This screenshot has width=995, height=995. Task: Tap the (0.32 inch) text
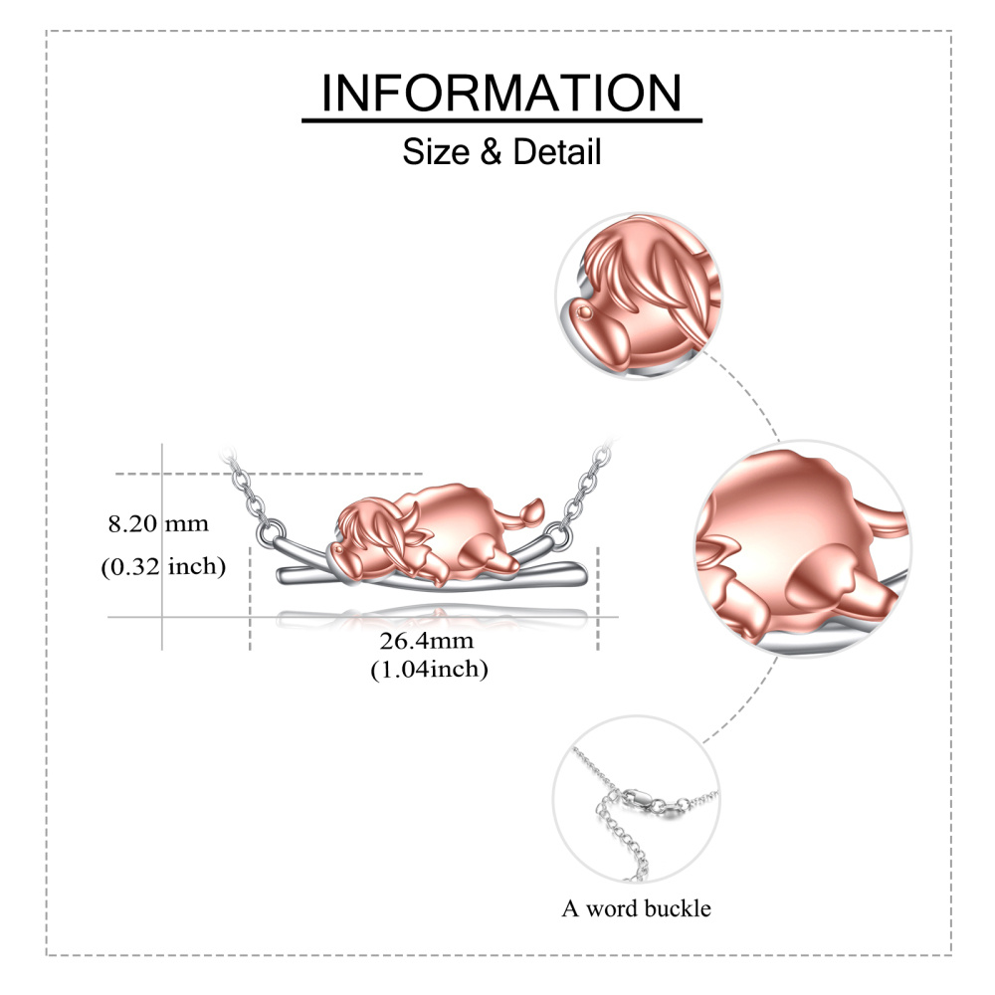click(x=163, y=567)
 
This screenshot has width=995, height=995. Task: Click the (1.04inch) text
click(x=429, y=670)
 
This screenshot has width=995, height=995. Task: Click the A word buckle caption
click(x=637, y=907)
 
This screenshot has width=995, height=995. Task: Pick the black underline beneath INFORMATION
click(x=501, y=121)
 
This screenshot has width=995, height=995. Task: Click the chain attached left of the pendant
click(x=254, y=497)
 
